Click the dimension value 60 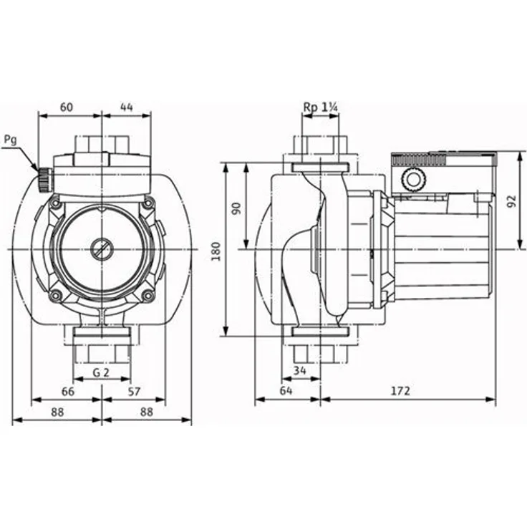pos(67,107)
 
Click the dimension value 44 pos(127,107)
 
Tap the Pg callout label pos(11,140)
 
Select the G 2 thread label pos(101,372)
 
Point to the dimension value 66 pos(68,392)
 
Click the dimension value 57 pos(134,392)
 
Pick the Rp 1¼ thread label pos(321,107)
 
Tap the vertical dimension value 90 pos(236,208)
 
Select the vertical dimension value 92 pos(511,201)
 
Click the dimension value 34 pos(300,370)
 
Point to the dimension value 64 pos(286,390)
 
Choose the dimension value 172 pos(401,391)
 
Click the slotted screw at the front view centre pos(101,249)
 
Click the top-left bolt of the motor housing pos(55,203)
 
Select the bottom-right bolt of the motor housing pos(148,296)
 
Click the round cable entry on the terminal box pos(412,180)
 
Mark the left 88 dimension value pos(57,412)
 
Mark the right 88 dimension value pos(147,412)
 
